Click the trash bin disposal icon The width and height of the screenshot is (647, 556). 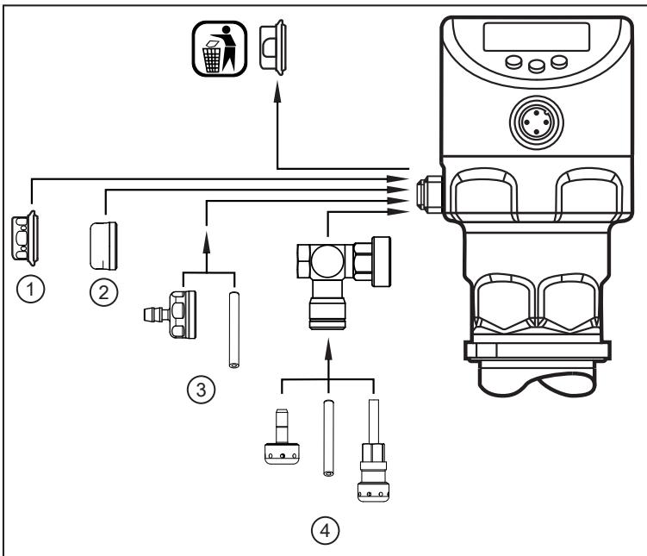click(220, 49)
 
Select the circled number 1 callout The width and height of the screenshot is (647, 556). click(30, 290)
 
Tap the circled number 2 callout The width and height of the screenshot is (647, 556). click(103, 292)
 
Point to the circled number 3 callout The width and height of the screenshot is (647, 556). click(201, 390)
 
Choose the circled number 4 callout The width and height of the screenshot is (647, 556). click(325, 531)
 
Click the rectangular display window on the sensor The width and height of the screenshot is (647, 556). click(537, 37)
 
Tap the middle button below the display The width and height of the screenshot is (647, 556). click(537, 66)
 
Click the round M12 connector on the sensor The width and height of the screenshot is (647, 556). click(537, 122)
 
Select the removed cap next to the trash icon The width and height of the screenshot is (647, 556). click(273, 47)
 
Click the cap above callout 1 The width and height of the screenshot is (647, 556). click(25, 238)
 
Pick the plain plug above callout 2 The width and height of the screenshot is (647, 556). click(103, 246)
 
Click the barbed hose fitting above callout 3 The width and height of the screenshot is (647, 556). click(170, 315)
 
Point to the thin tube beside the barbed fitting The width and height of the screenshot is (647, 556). click(234, 330)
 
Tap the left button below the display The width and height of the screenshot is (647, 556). click(513, 62)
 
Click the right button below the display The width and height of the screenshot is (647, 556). click(559, 62)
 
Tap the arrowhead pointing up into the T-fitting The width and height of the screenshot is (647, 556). click(328, 350)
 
